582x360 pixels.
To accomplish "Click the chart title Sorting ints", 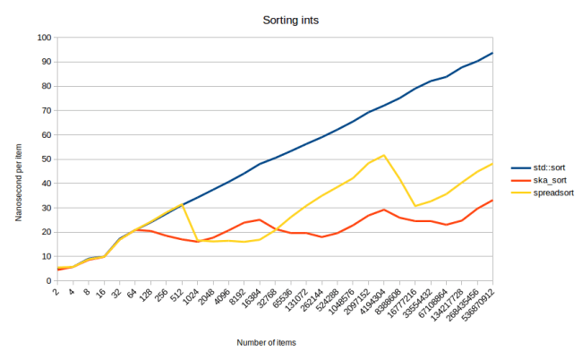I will (x=290, y=19).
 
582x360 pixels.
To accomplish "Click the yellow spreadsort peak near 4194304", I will (x=384, y=155).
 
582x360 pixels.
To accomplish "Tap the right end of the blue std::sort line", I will (x=492, y=53).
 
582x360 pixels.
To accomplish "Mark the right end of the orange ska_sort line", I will (x=492, y=200).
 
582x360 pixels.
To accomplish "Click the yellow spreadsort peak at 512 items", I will (x=183, y=204).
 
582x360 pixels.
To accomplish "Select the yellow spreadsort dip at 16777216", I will (x=415, y=206).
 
